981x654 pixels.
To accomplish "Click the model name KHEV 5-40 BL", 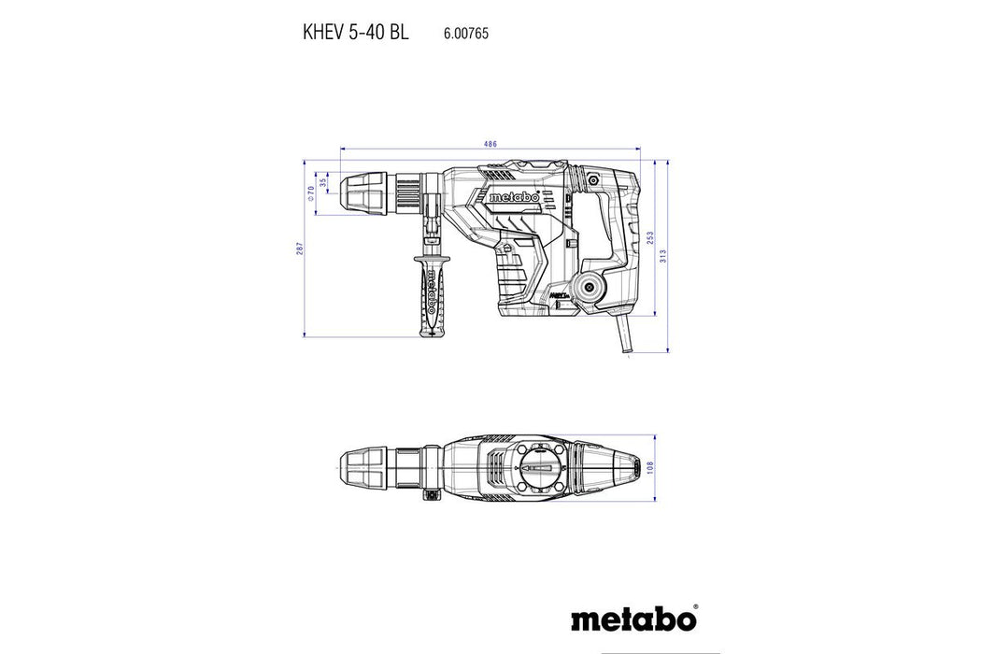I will (355, 32).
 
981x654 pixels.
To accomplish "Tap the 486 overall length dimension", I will (490, 144).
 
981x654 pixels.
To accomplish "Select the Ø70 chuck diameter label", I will (311, 193).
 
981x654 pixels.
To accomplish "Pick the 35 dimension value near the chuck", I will (323, 183).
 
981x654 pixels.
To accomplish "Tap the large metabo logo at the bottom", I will (633, 619).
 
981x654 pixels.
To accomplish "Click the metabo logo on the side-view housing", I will (511, 197).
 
